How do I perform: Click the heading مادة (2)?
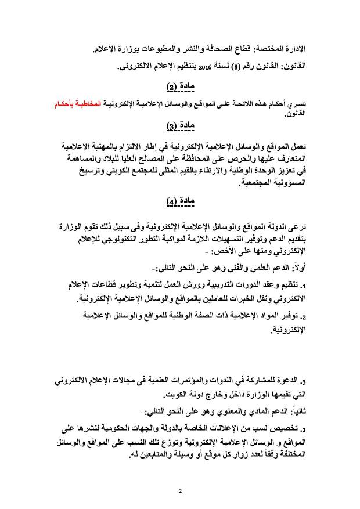click(180, 86)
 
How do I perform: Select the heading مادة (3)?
click(180, 125)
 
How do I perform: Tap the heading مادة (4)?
click(180, 201)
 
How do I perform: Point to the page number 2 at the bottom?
click(180, 491)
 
